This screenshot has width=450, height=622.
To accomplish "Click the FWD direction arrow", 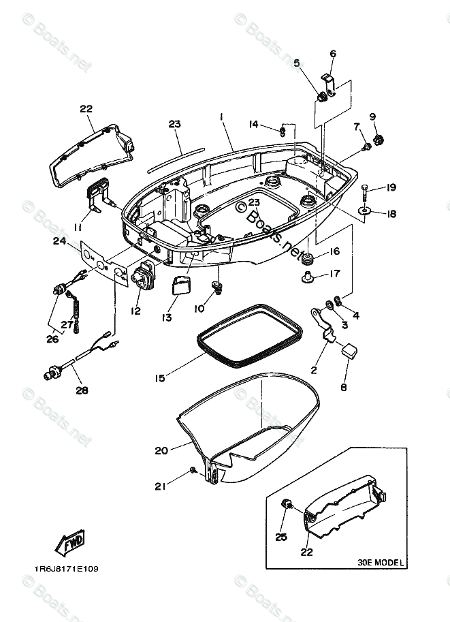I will point(68,544).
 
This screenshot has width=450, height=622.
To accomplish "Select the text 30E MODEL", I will point(381,563).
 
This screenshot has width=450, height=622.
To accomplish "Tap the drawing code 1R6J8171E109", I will point(65,569).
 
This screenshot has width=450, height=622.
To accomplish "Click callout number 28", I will point(81,390).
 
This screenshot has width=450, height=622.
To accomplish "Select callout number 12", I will point(135,311).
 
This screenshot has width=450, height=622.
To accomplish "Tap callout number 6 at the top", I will point(333,54).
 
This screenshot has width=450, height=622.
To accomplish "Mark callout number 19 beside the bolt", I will point(391,187).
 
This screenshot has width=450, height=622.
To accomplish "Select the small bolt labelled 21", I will point(194,470).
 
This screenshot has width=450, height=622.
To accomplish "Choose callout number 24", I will point(59,240).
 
